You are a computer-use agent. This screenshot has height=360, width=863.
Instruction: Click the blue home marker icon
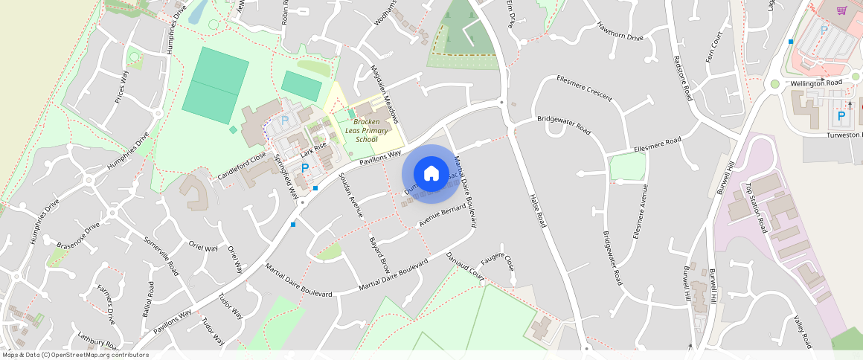(x=431, y=173)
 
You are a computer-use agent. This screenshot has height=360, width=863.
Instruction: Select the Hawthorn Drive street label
(x=620, y=31)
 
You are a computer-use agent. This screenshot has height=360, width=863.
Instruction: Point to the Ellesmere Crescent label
(x=584, y=88)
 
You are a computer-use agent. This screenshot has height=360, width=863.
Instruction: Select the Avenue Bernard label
(x=442, y=214)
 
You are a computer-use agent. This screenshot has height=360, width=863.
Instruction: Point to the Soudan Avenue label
(x=350, y=194)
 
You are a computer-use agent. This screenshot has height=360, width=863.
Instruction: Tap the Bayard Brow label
(x=379, y=254)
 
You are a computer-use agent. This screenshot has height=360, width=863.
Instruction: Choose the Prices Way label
(x=121, y=87)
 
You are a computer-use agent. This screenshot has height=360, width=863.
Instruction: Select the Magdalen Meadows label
(x=385, y=94)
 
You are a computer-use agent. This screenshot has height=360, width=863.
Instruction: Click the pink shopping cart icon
(x=841, y=10)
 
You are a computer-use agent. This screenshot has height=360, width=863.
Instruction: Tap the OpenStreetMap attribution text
(x=74, y=355)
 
